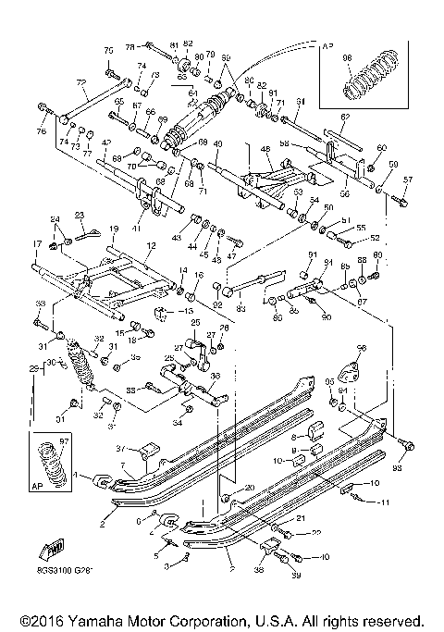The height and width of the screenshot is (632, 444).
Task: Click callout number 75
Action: tap(107, 49)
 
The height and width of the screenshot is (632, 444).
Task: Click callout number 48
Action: tap(265, 149)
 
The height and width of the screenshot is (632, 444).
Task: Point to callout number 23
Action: tap(80, 215)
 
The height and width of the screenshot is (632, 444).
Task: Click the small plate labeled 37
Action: tap(145, 453)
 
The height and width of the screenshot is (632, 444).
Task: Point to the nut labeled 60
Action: tap(372, 168)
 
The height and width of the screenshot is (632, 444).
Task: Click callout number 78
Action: tap(130, 45)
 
